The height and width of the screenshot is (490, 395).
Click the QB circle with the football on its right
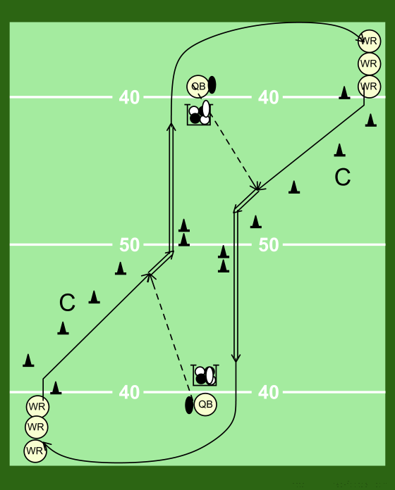click(x=197, y=86)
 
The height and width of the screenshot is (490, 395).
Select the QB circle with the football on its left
click(x=205, y=404)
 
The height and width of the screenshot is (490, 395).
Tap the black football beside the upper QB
click(x=212, y=84)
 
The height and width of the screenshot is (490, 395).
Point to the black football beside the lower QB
click(x=189, y=405)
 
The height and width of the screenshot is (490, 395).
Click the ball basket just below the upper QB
click(x=199, y=114)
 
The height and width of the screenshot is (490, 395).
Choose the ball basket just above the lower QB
click(x=205, y=375)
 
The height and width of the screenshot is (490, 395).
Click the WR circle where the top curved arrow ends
click(x=370, y=41)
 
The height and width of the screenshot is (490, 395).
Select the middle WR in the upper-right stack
click(x=370, y=64)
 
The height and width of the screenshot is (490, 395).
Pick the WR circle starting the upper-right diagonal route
click(x=370, y=87)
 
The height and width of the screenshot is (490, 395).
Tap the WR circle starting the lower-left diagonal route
click(x=37, y=407)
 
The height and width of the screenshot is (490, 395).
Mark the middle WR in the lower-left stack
click(x=37, y=427)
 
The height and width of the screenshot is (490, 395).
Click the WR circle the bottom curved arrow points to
click(x=35, y=451)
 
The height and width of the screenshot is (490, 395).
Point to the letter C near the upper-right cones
click(x=342, y=177)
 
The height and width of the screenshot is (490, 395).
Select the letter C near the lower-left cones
click(x=67, y=303)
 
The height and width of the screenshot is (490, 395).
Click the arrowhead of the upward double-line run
click(x=171, y=127)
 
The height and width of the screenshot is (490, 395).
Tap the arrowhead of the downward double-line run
click(x=236, y=358)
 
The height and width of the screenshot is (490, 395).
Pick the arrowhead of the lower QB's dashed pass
click(x=150, y=276)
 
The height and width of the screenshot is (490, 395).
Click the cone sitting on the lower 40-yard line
click(x=56, y=388)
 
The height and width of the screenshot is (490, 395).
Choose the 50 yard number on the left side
click(x=129, y=245)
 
